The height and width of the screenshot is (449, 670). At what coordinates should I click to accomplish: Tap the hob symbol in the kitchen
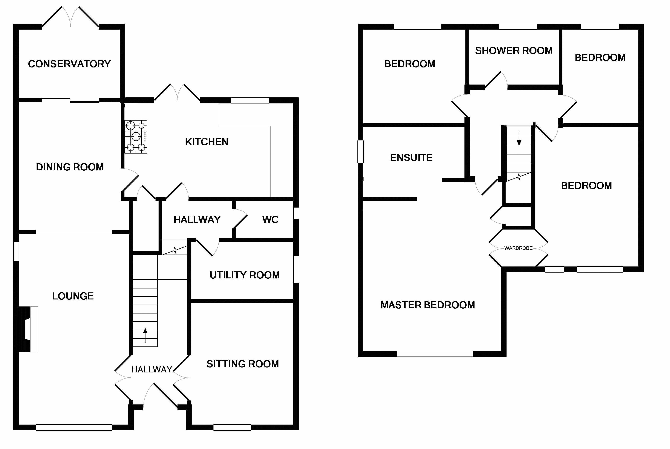pos(136,137)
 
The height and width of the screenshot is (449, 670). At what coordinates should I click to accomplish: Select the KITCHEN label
pos(207,142)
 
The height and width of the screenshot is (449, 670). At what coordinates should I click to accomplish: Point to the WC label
pos(270,220)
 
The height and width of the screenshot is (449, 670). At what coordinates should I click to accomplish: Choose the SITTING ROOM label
pos(243,364)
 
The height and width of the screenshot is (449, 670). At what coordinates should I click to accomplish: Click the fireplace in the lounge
pos(26,329)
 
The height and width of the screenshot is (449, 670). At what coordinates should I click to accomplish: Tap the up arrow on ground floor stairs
pos(145,335)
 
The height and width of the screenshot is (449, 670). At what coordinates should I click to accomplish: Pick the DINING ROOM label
pos(70,167)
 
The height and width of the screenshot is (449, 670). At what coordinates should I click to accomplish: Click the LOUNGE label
pos(73,296)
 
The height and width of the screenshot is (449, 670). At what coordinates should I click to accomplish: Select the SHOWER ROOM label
pos(514,51)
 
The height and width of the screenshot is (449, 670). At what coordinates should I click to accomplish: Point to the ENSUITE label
pos(411,158)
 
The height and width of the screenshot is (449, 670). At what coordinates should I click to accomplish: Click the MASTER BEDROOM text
pos(428,305)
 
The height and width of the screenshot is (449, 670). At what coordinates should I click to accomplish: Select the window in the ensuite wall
pos(361,152)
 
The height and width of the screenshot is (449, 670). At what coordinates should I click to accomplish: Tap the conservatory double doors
pos(70,17)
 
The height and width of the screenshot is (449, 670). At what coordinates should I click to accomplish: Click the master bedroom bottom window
pos(435,354)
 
